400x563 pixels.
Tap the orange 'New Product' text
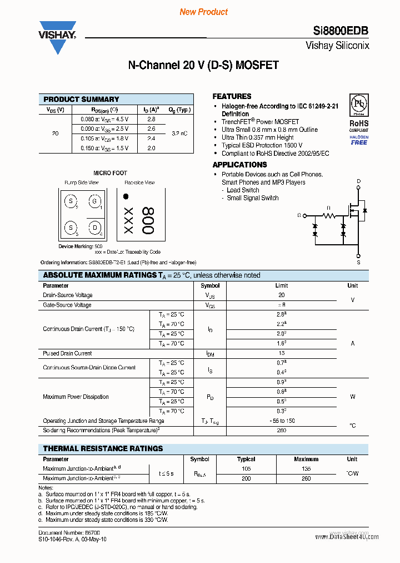[203, 12]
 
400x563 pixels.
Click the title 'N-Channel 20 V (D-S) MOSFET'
[203, 65]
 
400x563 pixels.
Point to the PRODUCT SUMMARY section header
[81, 99]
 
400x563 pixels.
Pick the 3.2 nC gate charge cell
[179, 134]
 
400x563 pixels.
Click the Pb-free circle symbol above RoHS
[358, 105]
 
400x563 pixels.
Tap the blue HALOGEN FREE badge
[358, 140]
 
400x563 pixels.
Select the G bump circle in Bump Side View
[94, 201]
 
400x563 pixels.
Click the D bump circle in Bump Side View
[94, 227]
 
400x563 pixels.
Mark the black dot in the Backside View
[126, 196]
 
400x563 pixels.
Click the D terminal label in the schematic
[358, 181]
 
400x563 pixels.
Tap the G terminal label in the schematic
[299, 215]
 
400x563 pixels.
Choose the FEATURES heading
[232, 96]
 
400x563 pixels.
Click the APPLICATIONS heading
[239, 165]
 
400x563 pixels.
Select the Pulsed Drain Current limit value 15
[282, 353]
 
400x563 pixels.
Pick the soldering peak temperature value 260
[282, 430]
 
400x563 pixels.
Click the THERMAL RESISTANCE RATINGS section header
[103, 448]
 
